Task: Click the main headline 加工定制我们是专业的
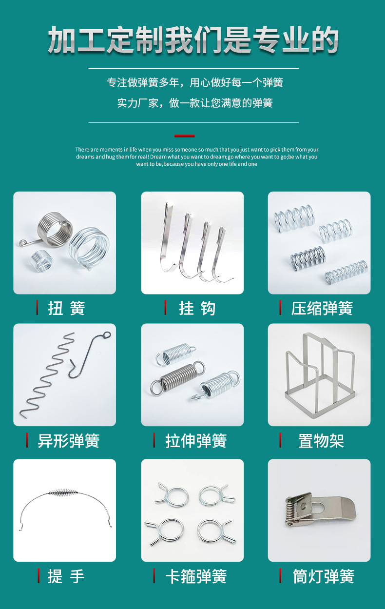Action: (193, 40)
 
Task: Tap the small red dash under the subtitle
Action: (185, 136)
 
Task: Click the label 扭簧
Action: (66, 308)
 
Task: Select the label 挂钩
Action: (197, 308)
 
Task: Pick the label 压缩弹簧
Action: (322, 308)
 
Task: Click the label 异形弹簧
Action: (68, 441)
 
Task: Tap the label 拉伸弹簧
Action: (196, 441)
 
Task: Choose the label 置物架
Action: (321, 441)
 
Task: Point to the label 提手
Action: (66, 576)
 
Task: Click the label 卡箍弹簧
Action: (196, 576)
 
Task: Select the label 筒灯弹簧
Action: (323, 576)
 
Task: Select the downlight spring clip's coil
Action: (291, 512)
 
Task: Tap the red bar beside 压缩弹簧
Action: (280, 308)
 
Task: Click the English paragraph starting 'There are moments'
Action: (196, 157)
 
